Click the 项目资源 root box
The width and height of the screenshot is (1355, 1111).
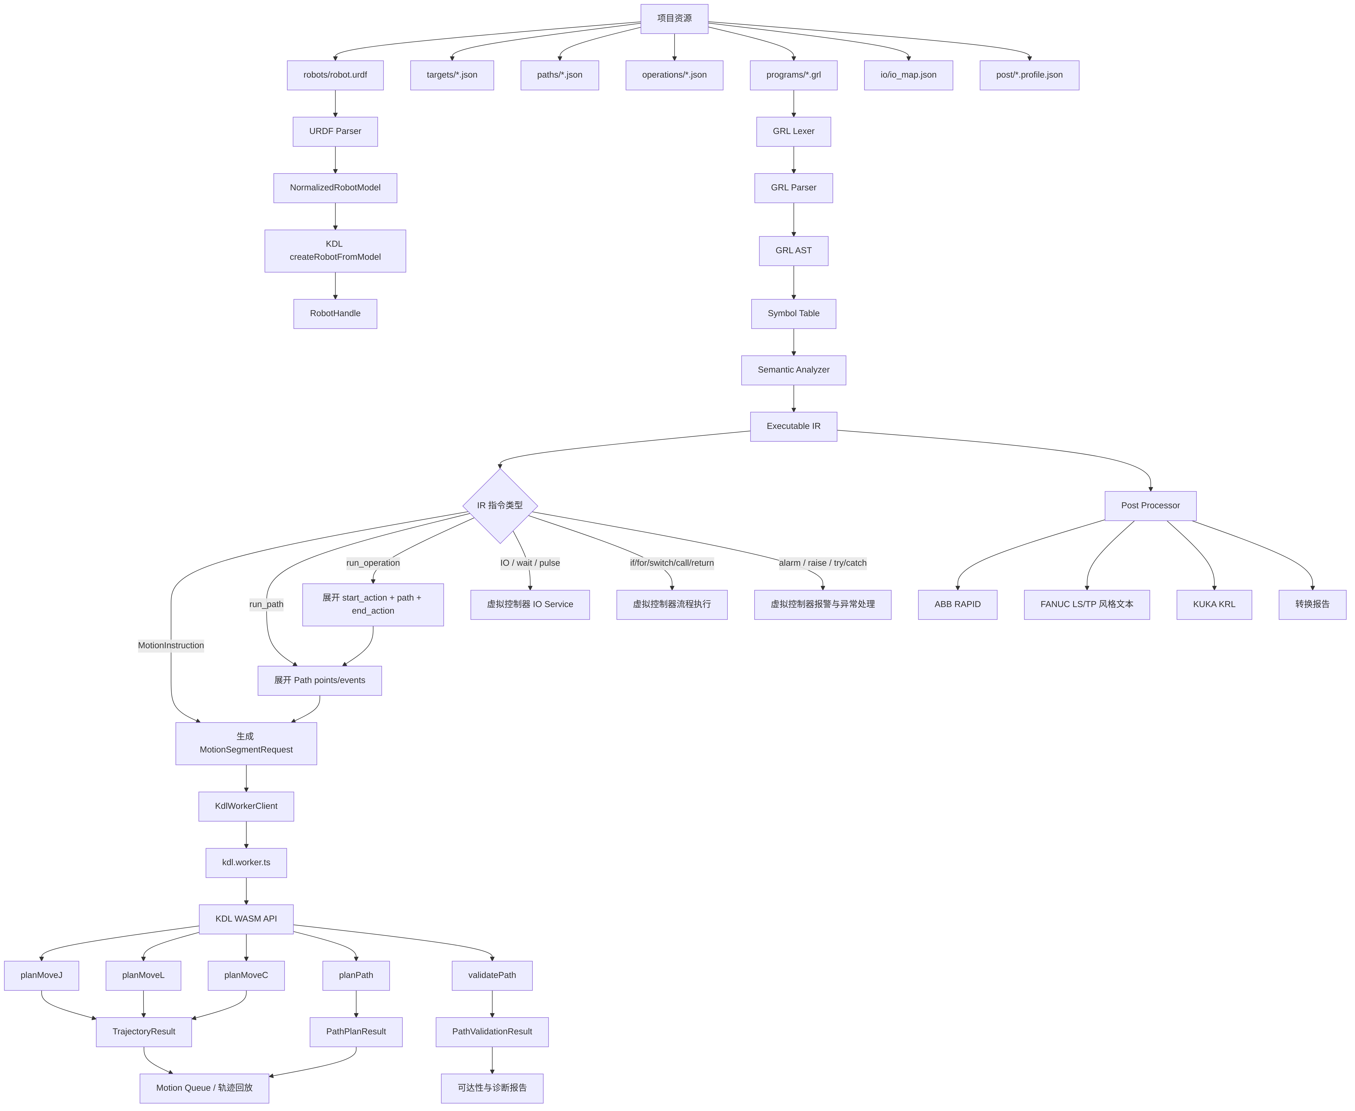click(x=674, y=18)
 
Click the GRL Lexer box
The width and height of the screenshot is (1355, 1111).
click(x=794, y=131)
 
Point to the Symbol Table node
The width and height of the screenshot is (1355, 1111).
click(x=794, y=314)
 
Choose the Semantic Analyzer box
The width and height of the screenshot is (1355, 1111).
click(x=794, y=370)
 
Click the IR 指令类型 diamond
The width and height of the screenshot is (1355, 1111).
click(x=500, y=506)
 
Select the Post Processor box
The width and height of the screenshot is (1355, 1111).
click(x=1150, y=506)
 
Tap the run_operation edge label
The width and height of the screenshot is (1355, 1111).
click(x=373, y=563)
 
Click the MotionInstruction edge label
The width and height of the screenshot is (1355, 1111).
click(x=171, y=645)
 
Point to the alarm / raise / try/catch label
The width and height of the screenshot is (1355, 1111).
click(x=822, y=563)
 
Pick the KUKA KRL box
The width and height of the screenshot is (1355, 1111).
click(x=1214, y=604)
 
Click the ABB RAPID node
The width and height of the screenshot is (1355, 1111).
click(x=958, y=604)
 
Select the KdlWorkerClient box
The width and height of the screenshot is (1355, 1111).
click(x=246, y=806)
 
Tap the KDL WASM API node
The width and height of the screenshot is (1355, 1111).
click(x=246, y=919)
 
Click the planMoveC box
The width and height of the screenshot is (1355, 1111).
click(x=246, y=975)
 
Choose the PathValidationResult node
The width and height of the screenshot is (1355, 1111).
click(x=492, y=1032)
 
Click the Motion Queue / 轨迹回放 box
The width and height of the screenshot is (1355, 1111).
click(x=204, y=1088)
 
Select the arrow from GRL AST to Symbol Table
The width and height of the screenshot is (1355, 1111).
click(x=794, y=282)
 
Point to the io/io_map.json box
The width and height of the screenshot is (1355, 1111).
click(x=908, y=75)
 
